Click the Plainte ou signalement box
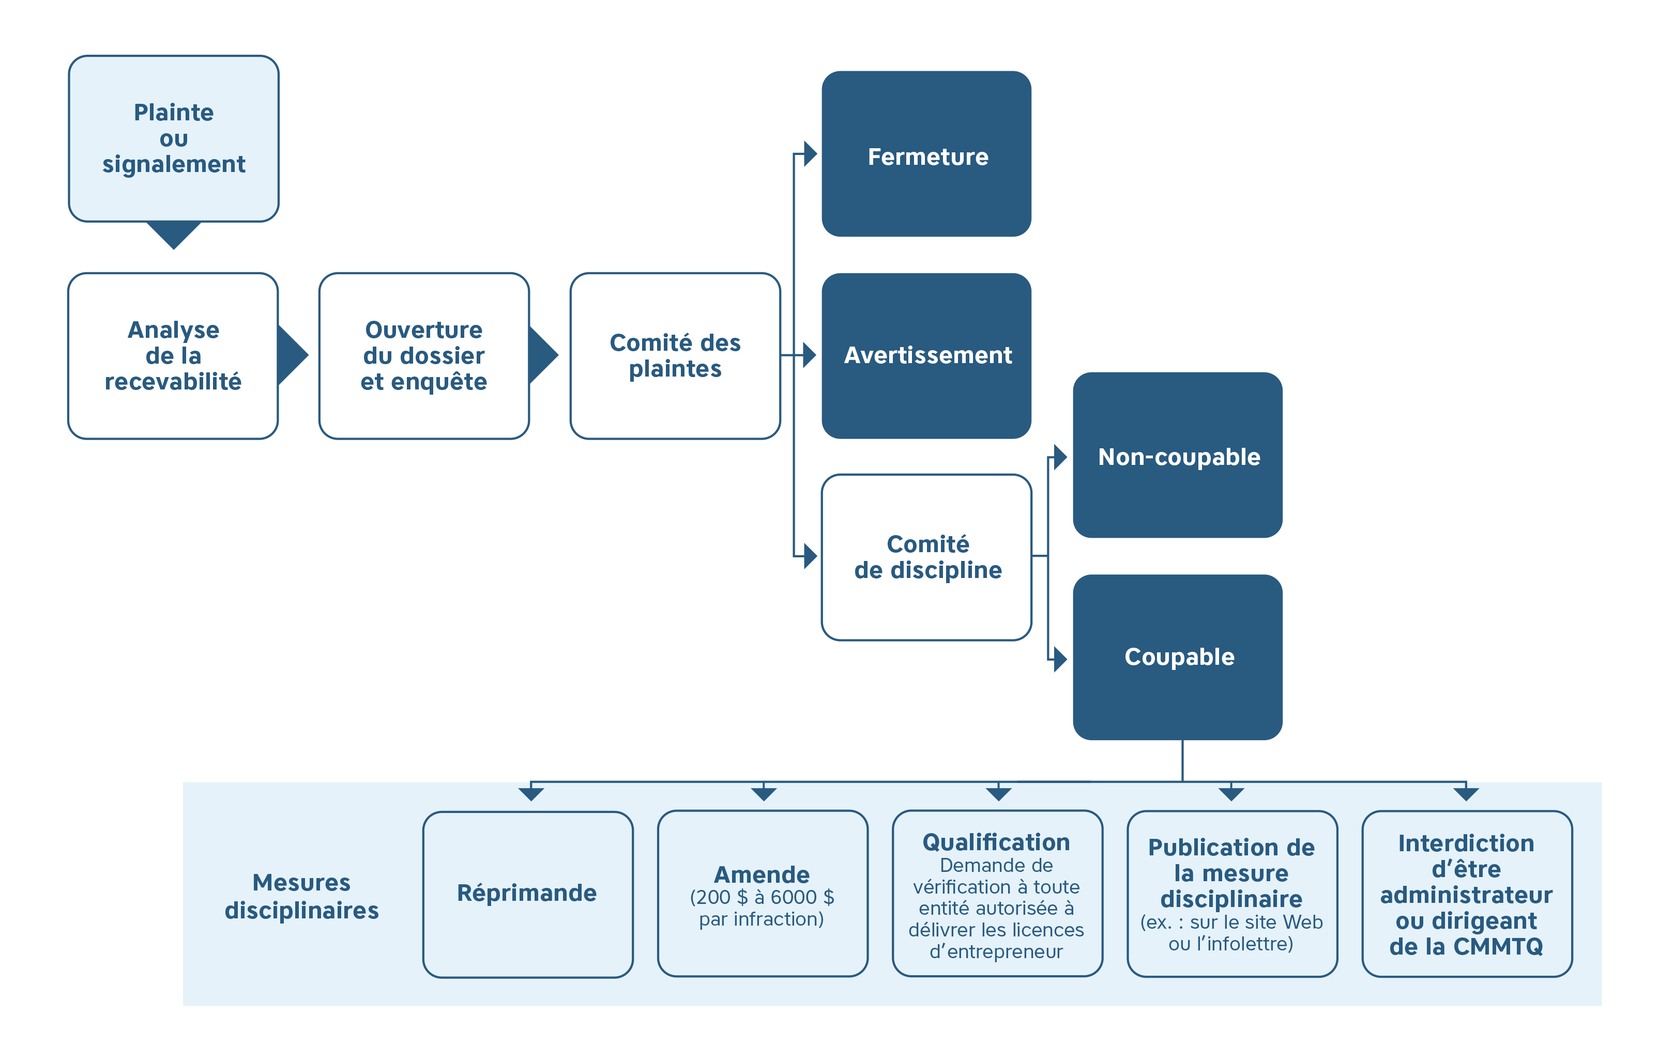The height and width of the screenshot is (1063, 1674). (x=174, y=138)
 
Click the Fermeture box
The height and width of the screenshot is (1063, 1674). (x=926, y=154)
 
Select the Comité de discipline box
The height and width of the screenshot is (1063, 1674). (x=926, y=556)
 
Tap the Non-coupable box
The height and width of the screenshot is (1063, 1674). (x=1178, y=455)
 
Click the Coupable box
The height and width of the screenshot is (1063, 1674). (x=1178, y=656)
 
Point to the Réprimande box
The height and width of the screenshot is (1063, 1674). (x=528, y=894)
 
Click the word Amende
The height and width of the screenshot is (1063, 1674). (x=762, y=874)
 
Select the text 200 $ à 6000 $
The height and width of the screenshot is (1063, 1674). (x=762, y=897)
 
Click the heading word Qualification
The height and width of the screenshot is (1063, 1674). (x=996, y=842)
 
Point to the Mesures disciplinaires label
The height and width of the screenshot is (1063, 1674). (x=302, y=896)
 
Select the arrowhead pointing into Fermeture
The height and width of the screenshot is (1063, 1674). (x=809, y=154)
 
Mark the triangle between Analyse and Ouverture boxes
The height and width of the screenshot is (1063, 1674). (x=292, y=355)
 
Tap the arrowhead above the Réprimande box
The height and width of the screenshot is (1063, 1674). (x=531, y=793)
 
